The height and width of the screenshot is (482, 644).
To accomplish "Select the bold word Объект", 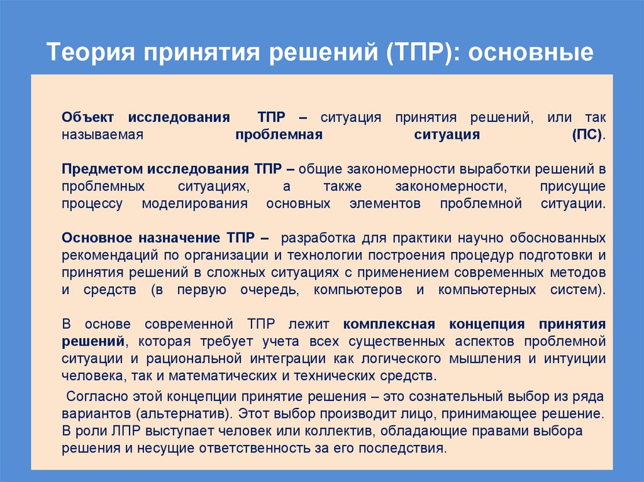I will [x=87, y=118].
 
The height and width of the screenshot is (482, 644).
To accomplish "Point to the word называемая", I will [x=104, y=134].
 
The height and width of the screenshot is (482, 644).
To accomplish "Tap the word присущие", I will [x=572, y=187].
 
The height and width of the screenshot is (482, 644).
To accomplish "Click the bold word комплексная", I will [x=389, y=324].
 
